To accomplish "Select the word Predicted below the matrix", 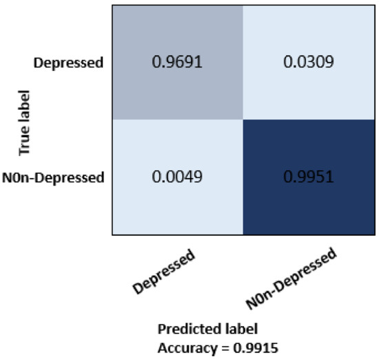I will pos(183,329).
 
